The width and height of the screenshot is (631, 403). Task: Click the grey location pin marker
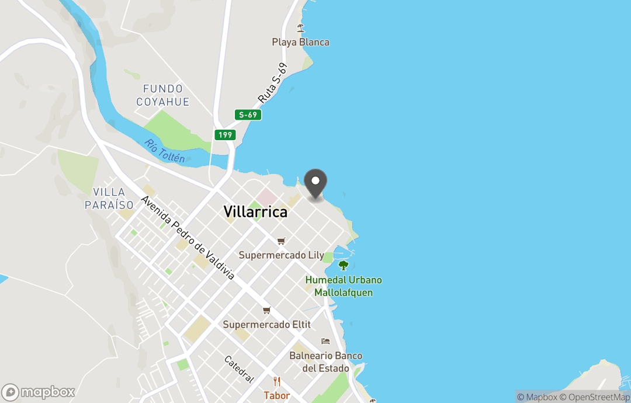point(315,184)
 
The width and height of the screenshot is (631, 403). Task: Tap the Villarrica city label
point(255,212)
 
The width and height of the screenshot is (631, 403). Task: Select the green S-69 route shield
point(248,115)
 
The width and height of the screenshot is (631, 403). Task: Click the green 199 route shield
point(225,135)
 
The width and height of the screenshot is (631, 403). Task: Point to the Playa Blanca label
point(300,42)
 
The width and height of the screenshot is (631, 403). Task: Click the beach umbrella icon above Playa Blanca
point(301,27)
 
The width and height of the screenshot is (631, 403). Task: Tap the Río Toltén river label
point(165,151)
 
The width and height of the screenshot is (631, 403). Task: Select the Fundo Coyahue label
point(163,95)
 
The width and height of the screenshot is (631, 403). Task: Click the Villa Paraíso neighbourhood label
point(109,199)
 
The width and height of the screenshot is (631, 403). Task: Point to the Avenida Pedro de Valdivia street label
point(187,238)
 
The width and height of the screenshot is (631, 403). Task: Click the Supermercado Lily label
point(281,255)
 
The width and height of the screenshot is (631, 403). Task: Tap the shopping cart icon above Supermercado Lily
point(281,241)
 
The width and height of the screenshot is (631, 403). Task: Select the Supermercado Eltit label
point(267,324)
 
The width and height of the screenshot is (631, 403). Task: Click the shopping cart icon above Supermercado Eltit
point(266,310)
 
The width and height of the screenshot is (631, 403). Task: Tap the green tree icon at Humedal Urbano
point(344,265)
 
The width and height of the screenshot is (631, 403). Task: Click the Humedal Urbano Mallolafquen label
point(344,286)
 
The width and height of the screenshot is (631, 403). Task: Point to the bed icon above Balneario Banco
point(325,341)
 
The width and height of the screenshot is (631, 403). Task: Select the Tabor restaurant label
point(276,395)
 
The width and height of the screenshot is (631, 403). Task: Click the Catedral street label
point(240,369)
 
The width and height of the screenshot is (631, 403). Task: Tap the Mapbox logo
point(39,392)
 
